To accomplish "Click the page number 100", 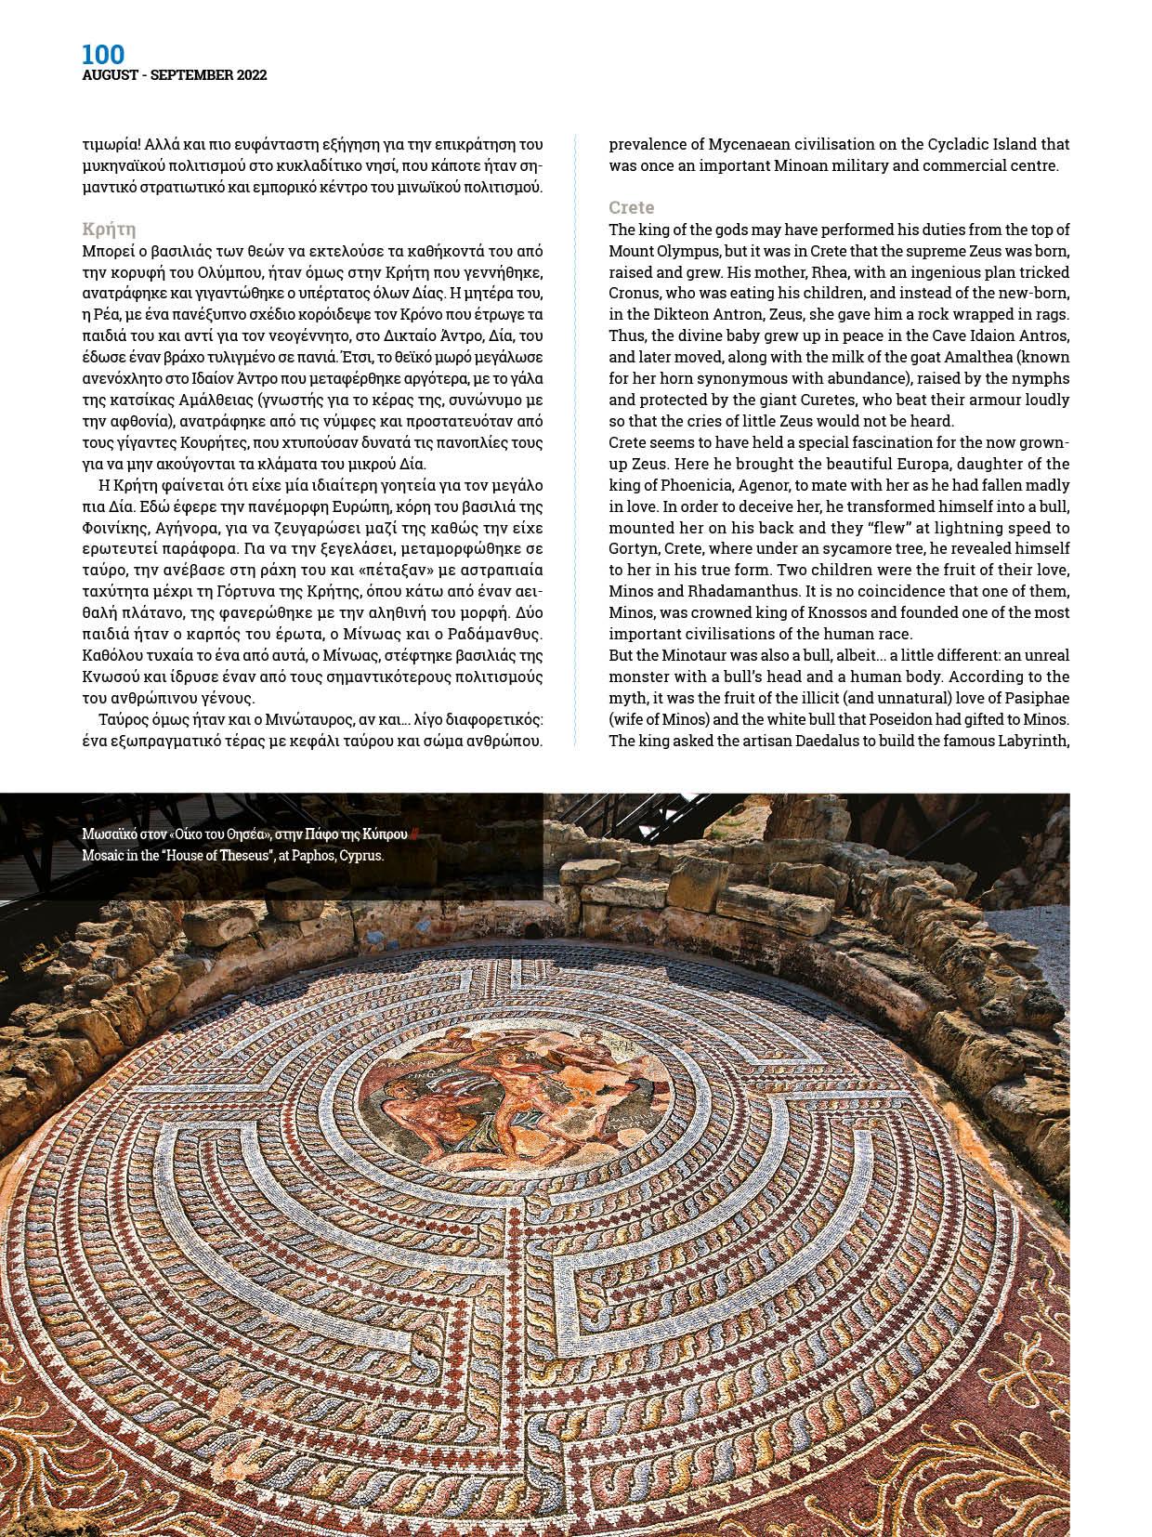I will tap(102, 54).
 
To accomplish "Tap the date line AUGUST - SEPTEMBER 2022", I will tap(174, 75).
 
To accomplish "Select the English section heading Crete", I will tap(632, 207).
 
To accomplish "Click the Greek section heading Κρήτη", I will tap(109, 229).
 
